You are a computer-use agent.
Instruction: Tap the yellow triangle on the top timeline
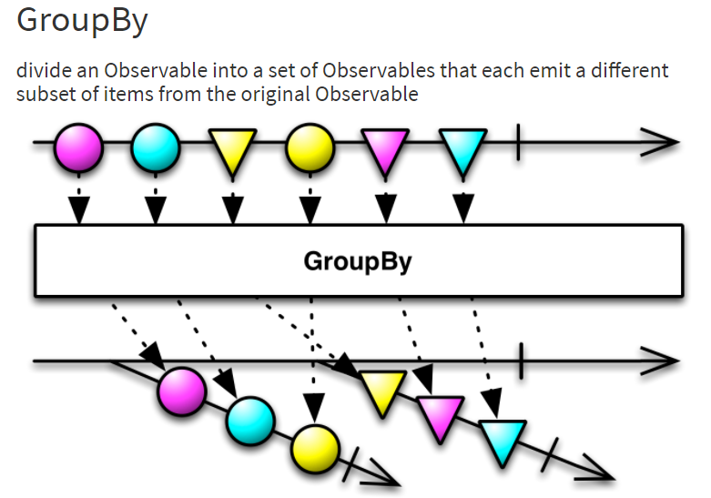tap(233, 149)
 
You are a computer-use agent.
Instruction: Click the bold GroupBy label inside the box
tap(358, 262)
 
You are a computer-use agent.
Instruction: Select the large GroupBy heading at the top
tap(82, 22)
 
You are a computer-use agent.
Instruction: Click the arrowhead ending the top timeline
tap(663, 143)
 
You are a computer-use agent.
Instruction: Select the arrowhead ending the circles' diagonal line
tap(382, 477)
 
